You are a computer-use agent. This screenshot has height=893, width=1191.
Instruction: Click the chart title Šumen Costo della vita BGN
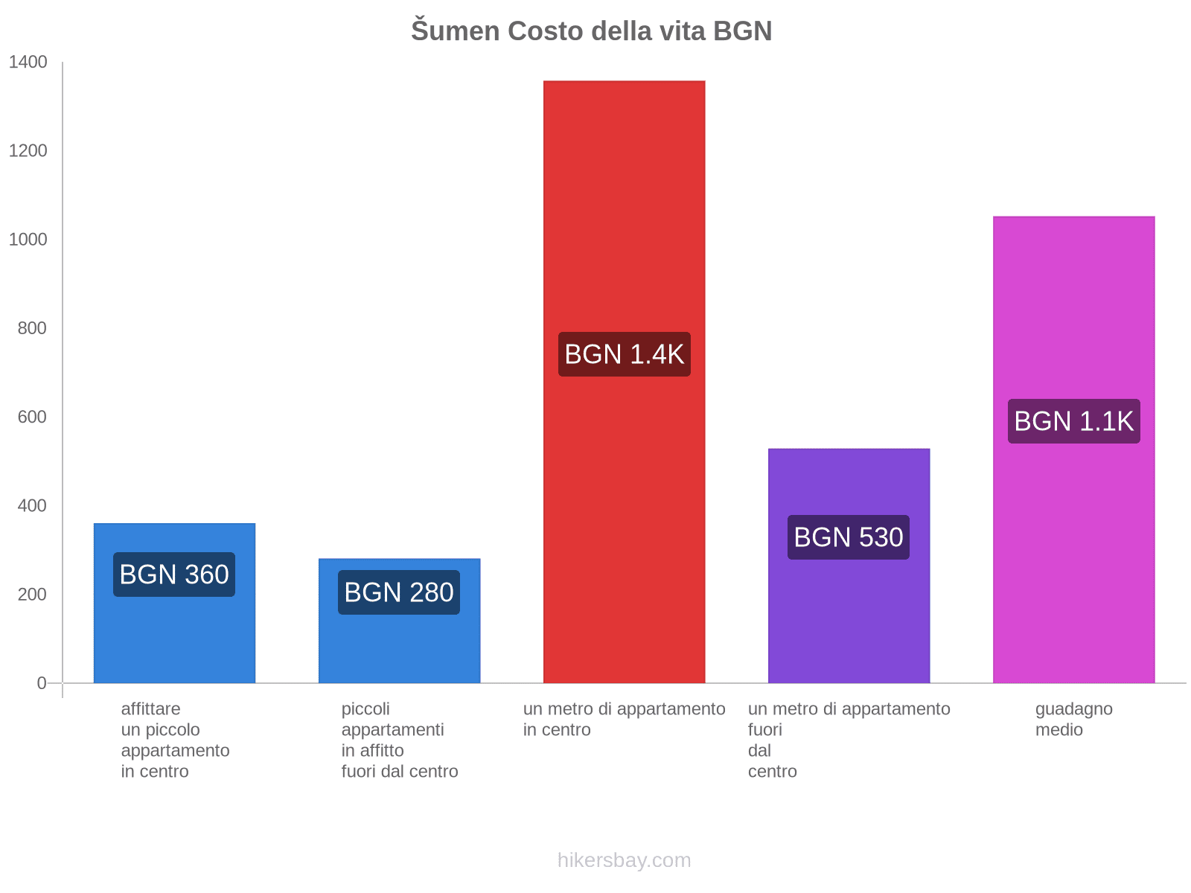[x=591, y=31]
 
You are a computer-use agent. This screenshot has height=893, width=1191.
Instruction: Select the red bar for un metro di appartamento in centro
[x=624, y=382]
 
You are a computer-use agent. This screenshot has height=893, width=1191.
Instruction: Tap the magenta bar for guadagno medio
[x=1073, y=449]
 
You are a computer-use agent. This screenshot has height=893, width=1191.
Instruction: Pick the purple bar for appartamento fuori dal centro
[x=849, y=566]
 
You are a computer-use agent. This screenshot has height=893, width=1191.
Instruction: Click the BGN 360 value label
[x=174, y=574]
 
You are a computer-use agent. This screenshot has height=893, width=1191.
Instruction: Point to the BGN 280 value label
[x=399, y=592]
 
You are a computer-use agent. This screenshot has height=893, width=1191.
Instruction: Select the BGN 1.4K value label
[x=624, y=354]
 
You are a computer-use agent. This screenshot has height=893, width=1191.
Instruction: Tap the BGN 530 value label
[x=848, y=537]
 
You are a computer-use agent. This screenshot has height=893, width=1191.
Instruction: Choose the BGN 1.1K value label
[x=1073, y=420]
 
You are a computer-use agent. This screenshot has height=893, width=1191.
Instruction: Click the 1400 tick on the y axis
[x=28, y=62]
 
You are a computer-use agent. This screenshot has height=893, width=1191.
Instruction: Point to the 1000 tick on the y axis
[x=28, y=239]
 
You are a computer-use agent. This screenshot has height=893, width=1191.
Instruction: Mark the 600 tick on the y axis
[x=32, y=417]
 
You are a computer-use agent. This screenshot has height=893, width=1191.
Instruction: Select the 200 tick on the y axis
[x=32, y=595]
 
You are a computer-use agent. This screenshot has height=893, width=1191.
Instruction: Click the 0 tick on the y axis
[x=42, y=682]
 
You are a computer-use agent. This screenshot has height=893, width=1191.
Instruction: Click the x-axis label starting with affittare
[x=175, y=740]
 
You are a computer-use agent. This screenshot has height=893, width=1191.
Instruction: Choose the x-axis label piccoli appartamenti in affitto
[x=399, y=740]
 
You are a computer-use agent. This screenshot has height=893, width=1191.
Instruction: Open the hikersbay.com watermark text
[x=624, y=860]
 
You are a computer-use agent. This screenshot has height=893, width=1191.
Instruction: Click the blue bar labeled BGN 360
[x=174, y=603]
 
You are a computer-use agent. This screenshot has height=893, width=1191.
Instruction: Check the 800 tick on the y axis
[x=32, y=328]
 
